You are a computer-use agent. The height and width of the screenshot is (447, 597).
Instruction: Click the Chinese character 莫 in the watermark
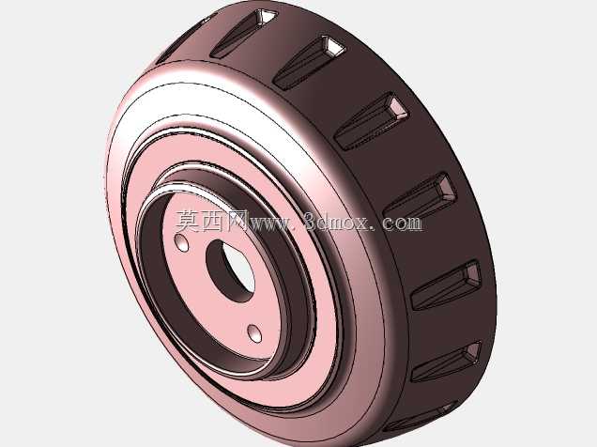click(x=188, y=222)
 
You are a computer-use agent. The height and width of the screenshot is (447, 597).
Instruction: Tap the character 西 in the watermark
click(x=212, y=222)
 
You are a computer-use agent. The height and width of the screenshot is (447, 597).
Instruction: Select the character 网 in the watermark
click(x=237, y=222)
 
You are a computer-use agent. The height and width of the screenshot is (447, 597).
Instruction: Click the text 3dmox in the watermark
click(x=337, y=222)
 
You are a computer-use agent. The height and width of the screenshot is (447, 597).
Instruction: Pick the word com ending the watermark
click(x=403, y=223)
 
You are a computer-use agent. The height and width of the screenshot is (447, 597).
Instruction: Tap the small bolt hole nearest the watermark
click(x=181, y=242)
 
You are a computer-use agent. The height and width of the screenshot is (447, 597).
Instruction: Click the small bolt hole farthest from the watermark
click(x=254, y=333)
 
